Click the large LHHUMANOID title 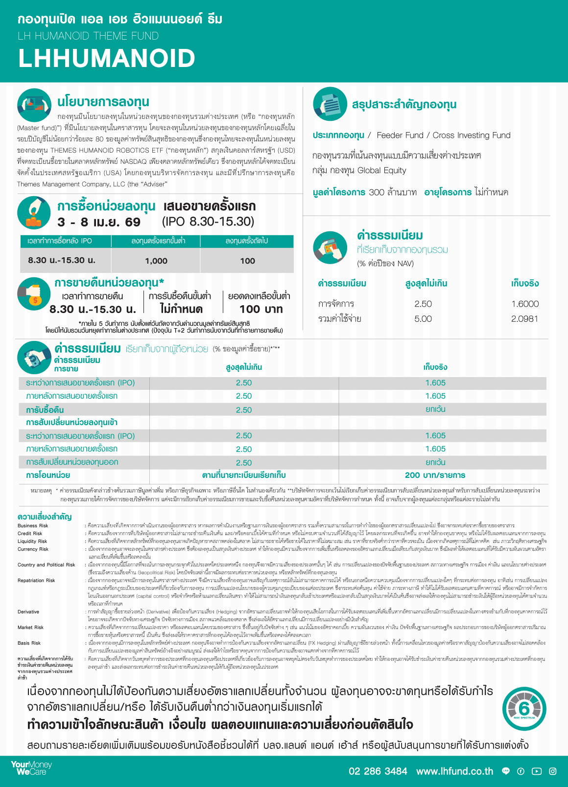click(x=107, y=58)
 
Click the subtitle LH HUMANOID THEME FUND click(x=88, y=36)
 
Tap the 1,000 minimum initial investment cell click(x=156, y=261)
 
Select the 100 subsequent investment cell click(x=247, y=261)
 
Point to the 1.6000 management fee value click(x=525, y=304)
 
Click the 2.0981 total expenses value click(x=525, y=319)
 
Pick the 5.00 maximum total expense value click(x=423, y=319)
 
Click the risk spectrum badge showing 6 click(x=524, y=709)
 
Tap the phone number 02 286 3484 click(x=378, y=771)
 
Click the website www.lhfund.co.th click(x=454, y=771)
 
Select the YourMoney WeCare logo click(x=31, y=768)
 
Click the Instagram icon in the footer click(x=553, y=771)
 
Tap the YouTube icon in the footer click(x=537, y=771)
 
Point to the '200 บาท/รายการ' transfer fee click(x=435, y=475)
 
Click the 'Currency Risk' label click(x=33, y=549)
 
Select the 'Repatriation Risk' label click(x=36, y=581)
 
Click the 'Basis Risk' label click(x=29, y=643)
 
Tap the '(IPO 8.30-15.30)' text click(x=208, y=222)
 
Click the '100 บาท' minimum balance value click(x=261, y=309)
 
